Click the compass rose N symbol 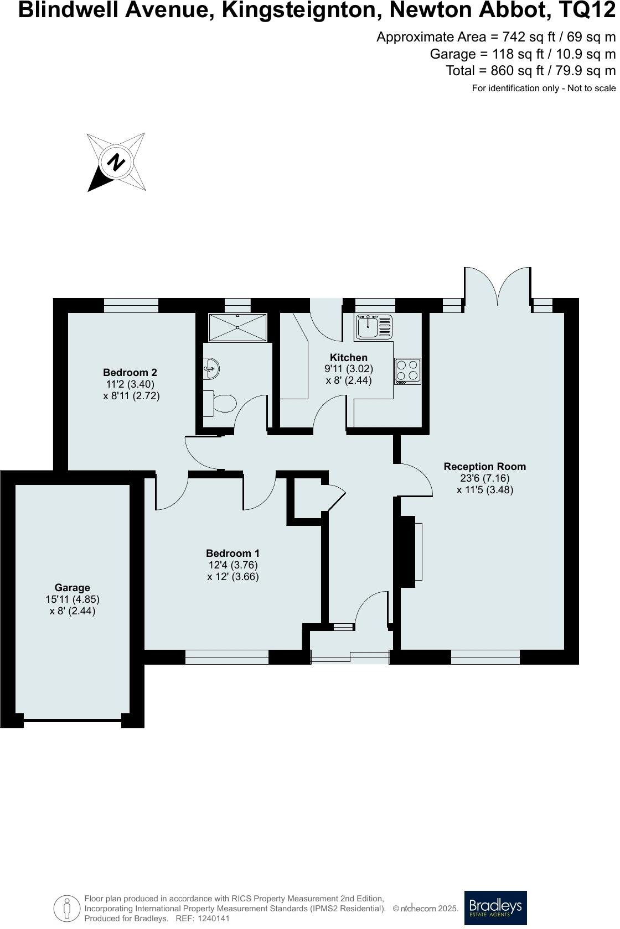(x=116, y=162)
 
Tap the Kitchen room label (x=349, y=358)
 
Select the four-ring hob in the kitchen (x=407, y=372)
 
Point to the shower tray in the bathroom (x=237, y=327)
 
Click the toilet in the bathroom (x=220, y=403)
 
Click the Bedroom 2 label (x=130, y=372)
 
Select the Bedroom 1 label (x=232, y=553)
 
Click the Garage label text (x=72, y=587)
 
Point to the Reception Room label (x=484, y=466)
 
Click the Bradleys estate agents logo (x=495, y=907)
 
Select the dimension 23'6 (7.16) (x=484, y=478)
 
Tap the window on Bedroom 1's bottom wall (x=226, y=657)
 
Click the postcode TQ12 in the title (x=591, y=11)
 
